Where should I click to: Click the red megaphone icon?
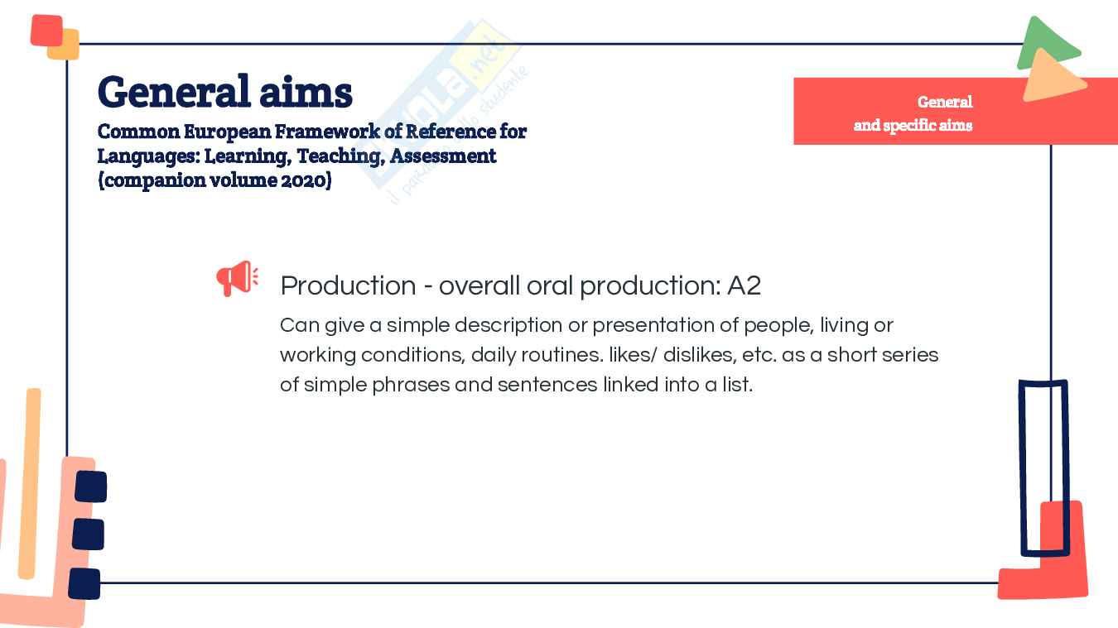click(238, 278)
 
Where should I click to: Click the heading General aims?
click(225, 92)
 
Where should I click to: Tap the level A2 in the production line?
click(744, 285)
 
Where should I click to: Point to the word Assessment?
click(443, 156)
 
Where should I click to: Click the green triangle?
click(1047, 41)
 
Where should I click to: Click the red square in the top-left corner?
click(46, 31)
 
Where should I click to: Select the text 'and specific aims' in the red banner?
click(913, 125)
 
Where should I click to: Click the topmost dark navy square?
click(91, 487)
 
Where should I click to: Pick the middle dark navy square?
click(89, 535)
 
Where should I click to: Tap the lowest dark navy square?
click(84, 583)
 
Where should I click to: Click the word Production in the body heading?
click(349, 285)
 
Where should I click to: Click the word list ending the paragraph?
click(737, 385)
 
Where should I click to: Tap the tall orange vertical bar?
click(30, 483)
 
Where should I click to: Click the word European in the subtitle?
click(227, 132)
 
